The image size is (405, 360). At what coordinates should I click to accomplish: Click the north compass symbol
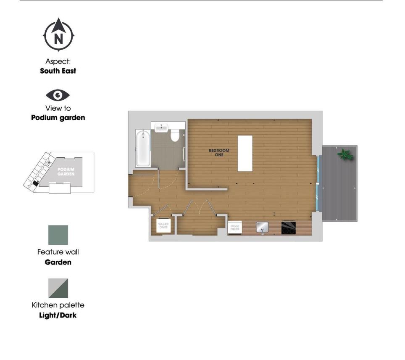point(59,35)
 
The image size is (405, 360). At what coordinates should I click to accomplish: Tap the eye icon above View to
point(58,95)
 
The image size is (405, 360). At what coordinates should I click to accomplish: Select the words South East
point(58,71)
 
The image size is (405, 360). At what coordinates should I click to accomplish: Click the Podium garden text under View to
point(58,118)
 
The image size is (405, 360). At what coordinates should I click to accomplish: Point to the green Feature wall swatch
point(58,235)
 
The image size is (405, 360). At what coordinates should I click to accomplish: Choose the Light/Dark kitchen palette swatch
point(58,288)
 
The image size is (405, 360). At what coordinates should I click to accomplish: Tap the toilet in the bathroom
point(175,135)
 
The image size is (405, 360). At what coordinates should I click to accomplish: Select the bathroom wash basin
point(162,127)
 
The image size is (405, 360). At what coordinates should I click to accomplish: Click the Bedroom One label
point(219,152)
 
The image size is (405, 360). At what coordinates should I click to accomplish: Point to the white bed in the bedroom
point(245,153)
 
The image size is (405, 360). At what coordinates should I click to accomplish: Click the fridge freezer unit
point(234,228)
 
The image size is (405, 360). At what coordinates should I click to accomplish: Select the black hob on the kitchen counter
point(289,228)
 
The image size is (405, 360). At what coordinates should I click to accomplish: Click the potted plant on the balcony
point(345,154)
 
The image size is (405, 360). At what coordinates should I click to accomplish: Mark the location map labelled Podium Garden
point(59,172)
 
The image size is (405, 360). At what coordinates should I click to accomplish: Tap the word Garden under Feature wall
point(58,262)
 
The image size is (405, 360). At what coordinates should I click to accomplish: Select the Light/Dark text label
point(55,315)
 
